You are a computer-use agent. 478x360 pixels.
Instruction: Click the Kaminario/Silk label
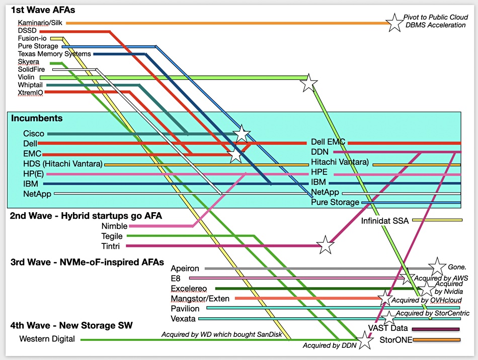[40, 23]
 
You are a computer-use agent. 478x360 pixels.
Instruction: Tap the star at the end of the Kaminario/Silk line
[395, 23]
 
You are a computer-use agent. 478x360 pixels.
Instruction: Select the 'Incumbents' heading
[37, 118]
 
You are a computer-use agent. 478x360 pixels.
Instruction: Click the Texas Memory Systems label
[54, 54]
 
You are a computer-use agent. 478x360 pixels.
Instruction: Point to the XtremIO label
[30, 93]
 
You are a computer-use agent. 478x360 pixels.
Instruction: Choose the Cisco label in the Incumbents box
[34, 134]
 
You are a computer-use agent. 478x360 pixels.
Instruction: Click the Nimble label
[114, 226]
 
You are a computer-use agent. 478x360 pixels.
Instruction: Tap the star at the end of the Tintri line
[325, 244]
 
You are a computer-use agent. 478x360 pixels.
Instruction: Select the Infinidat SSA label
[385, 221]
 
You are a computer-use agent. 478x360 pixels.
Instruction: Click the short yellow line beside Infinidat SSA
[437, 220]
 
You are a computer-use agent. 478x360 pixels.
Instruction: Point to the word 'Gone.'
[457, 267]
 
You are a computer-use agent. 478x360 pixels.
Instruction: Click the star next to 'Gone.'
[437, 266]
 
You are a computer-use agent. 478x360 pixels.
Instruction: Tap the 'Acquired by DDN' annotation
[330, 345]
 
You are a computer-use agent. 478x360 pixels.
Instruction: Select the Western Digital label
[47, 339]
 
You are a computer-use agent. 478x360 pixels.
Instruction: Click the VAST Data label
[388, 328]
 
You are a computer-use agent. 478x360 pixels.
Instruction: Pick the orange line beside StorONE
[437, 339]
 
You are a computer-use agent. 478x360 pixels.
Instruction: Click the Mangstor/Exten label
[200, 299]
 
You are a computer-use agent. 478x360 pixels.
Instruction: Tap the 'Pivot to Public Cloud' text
[436, 17]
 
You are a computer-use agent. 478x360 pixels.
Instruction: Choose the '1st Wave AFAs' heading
[43, 10]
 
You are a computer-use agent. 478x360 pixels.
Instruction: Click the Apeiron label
[185, 268]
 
